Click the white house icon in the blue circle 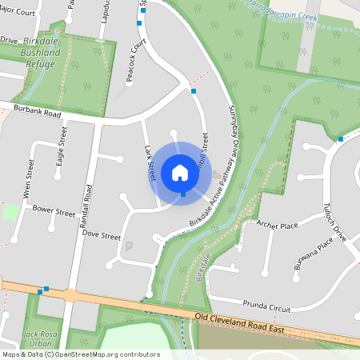click(x=179, y=173)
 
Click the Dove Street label click(x=101, y=237)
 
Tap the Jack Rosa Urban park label click(x=42, y=338)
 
